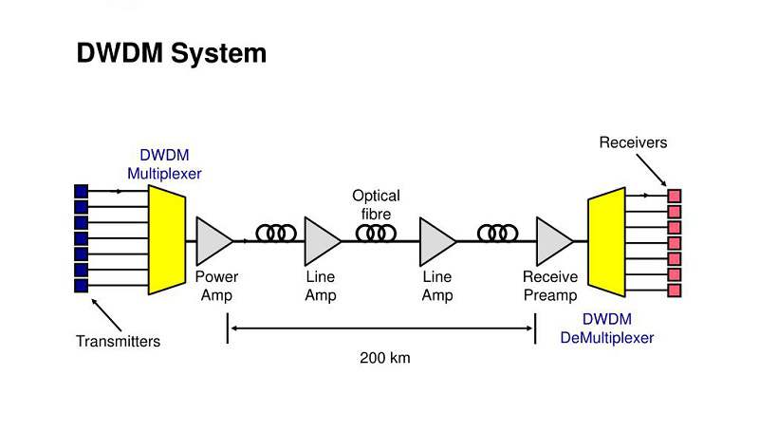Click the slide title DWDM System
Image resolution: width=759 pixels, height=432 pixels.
171,54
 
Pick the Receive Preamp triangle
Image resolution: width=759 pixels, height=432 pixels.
551,240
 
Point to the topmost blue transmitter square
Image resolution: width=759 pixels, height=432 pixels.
81,192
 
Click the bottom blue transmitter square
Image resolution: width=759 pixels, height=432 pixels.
81,285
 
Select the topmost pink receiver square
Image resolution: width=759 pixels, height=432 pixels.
675,196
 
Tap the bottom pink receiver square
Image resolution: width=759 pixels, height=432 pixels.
675,289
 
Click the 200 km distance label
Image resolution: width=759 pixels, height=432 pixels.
384,358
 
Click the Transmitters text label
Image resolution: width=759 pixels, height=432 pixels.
119,341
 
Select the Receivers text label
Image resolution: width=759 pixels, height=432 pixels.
633,143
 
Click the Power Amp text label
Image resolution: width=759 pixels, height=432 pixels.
216,286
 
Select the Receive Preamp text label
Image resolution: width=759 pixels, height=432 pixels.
550,286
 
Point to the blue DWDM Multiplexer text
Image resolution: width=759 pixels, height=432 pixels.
165,164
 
